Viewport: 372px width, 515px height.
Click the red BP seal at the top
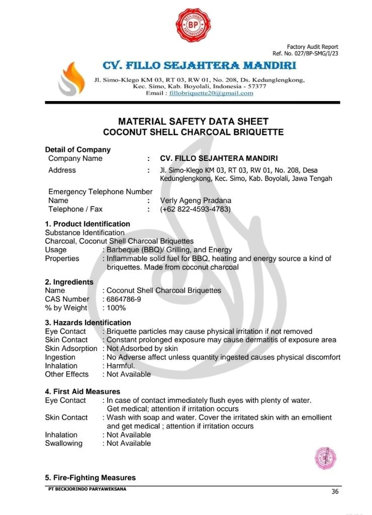pos(193,25)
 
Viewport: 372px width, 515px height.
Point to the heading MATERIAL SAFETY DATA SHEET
pos(193,121)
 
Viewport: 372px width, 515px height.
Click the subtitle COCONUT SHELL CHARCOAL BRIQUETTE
pos(193,132)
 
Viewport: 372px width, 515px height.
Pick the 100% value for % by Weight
pos(116,308)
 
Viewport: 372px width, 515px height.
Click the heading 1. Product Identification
pos(87,224)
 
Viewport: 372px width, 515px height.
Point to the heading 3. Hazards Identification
pos(88,322)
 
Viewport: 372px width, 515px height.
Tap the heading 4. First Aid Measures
pos(82,391)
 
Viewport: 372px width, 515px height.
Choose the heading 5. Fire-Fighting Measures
pos(90,477)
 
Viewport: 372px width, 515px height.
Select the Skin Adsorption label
pos(71,349)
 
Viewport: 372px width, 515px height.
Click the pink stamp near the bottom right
pos(325,457)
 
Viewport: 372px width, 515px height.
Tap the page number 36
pos(335,491)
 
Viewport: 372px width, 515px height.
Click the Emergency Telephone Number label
pos(100,192)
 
